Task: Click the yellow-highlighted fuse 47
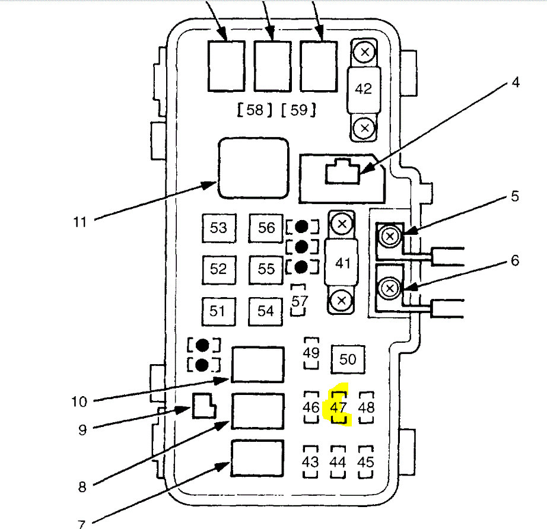coord(339,407)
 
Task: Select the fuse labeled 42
coord(363,89)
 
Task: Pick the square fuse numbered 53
coord(218,228)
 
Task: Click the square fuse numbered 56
coord(266,228)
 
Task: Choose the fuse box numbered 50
coord(348,359)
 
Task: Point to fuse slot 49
coord(311,353)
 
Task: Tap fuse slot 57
coord(300,300)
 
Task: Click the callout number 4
coord(515,82)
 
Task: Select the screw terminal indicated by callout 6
coord(390,289)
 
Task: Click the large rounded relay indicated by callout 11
coord(253,168)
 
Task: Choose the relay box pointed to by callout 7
coord(257,458)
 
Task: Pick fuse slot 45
coord(367,462)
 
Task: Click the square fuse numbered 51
coord(218,311)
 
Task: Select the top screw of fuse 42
coord(365,52)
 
